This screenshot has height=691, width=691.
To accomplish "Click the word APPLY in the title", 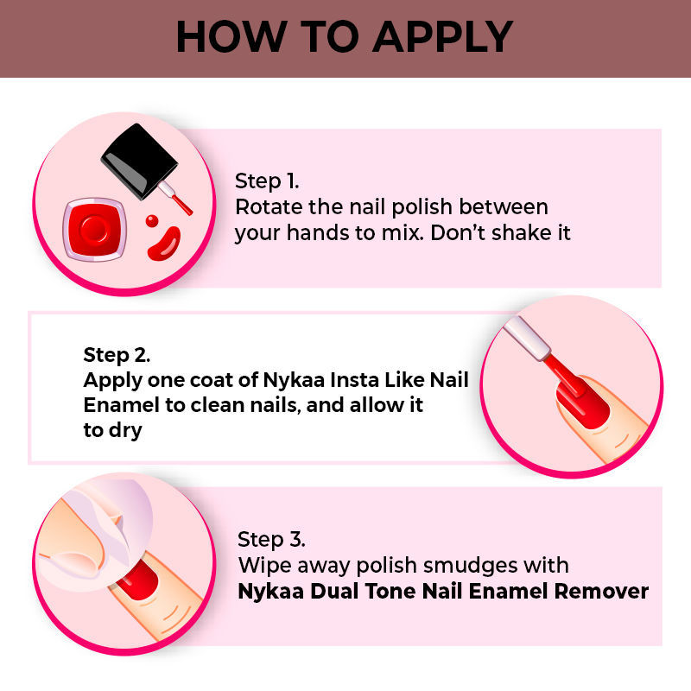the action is pos(442,36).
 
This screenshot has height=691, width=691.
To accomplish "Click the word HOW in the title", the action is pos(231,36).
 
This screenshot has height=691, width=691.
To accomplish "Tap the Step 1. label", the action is pos(267,181).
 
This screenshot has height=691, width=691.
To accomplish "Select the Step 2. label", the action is pos(117,356).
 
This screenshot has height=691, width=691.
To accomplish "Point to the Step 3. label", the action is pos(271,540).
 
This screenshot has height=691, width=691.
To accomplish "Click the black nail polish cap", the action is pos(140,161).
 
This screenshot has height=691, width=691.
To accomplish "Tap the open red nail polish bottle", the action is pos(94,229).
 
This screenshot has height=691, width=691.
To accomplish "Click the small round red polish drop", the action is pos(152,220).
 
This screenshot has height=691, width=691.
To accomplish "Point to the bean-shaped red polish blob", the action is pos(164,244).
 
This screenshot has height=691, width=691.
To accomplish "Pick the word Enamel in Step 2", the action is pos(121,405).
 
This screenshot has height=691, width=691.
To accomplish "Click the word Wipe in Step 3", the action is pos(265,566).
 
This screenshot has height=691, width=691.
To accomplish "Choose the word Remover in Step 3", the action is pos(601,591).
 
